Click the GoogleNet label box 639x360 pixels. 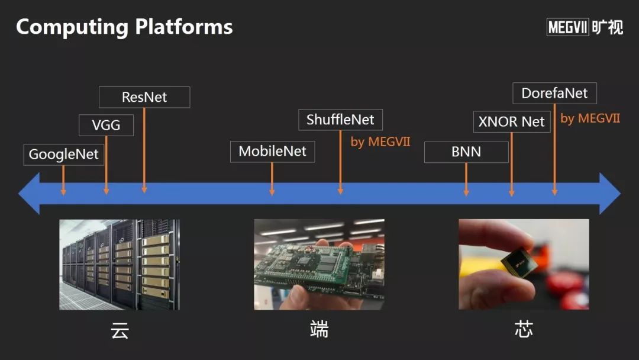click(64, 155)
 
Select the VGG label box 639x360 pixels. click(106, 125)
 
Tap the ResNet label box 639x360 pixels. click(144, 97)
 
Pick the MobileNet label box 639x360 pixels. click(272, 152)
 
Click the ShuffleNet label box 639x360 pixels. click(340, 120)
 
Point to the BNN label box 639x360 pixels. click(466, 152)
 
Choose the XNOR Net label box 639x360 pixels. click(512, 122)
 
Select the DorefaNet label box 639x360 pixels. click(554, 94)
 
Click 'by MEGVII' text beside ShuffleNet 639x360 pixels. click(380, 142)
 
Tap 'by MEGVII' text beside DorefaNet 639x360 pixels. click(590, 118)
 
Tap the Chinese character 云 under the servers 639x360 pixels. click(120, 330)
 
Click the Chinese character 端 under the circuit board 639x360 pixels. click(319, 330)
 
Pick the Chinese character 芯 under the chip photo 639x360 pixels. click(524, 330)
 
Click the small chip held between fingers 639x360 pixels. click(519, 264)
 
